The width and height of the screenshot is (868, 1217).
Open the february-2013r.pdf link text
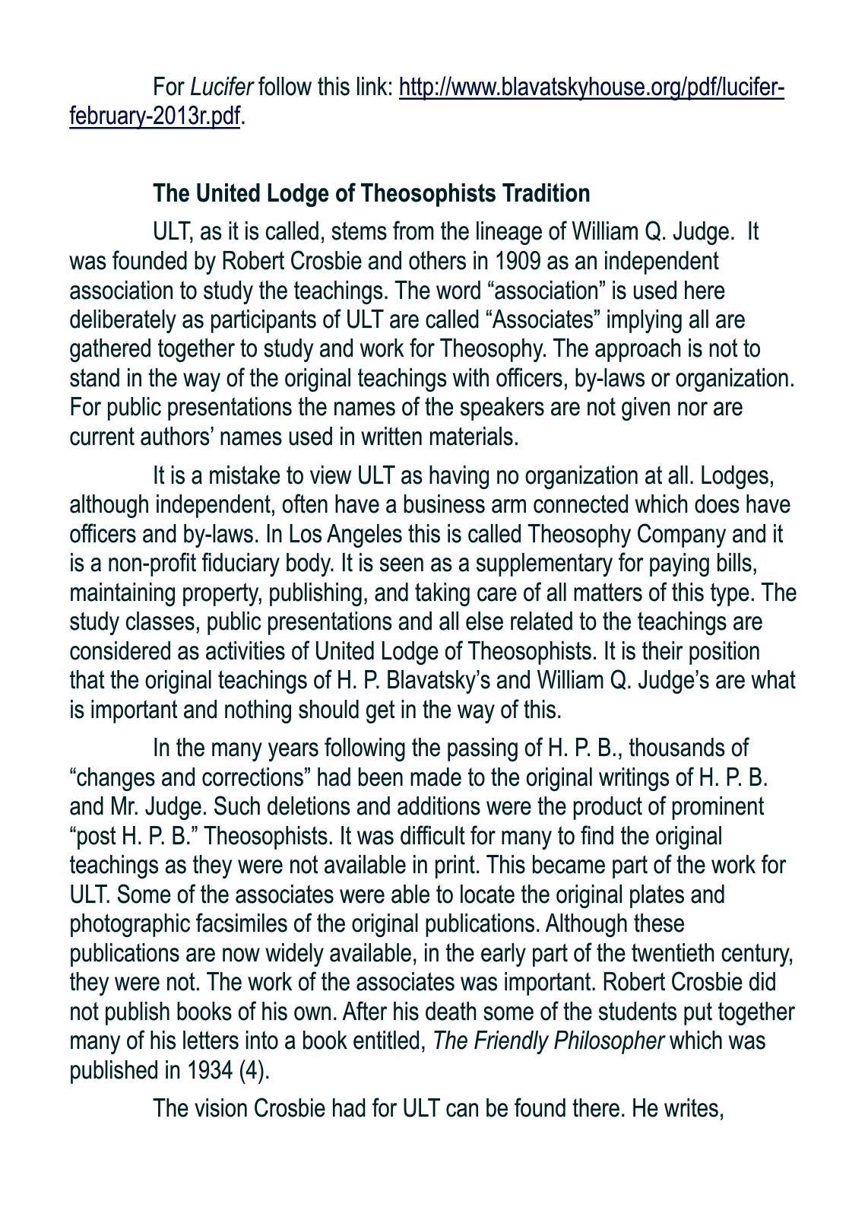(x=155, y=116)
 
